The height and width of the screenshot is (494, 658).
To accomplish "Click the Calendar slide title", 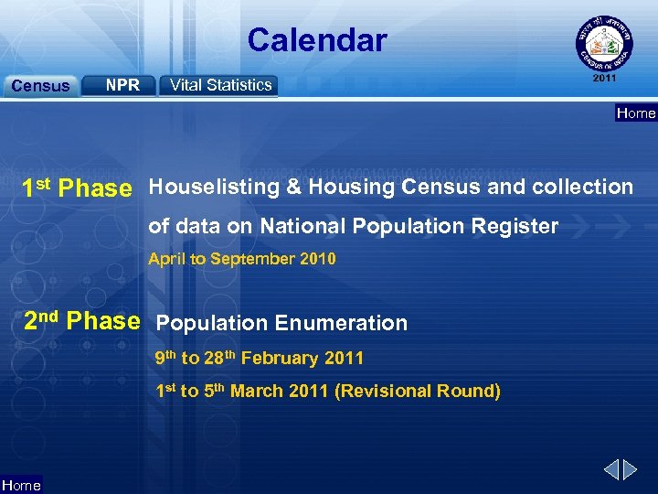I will coord(316,40).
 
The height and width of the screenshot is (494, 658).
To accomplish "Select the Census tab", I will coord(40,86).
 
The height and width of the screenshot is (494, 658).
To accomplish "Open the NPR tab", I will coord(122,85).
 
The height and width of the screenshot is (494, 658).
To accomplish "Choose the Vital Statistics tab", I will coord(220,85).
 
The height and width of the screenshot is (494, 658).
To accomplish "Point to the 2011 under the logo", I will coord(605,79).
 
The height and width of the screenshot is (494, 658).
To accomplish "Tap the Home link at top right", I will coord(636,113).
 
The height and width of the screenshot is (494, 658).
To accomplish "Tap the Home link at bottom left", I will coord(21,486).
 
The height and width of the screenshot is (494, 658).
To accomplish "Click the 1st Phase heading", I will coord(77,188).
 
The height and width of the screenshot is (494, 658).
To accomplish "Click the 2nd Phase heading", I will coord(81,321).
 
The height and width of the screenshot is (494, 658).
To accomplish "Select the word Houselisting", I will coord(213,188).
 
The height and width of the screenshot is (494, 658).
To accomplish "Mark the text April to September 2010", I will coord(242,259).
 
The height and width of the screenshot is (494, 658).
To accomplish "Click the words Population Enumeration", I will coord(282,323).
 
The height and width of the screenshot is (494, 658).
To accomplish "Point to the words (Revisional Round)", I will coord(418,392).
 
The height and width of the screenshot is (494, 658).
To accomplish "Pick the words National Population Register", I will coord(409,226).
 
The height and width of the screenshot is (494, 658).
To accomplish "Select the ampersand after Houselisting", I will coord(293,188).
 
